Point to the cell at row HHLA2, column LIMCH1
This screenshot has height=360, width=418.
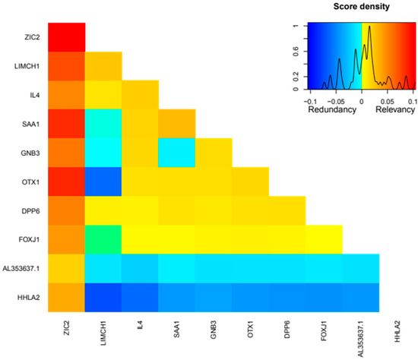(103, 298)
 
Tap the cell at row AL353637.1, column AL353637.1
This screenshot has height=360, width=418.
(361, 268)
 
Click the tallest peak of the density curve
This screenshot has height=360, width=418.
(369, 27)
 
